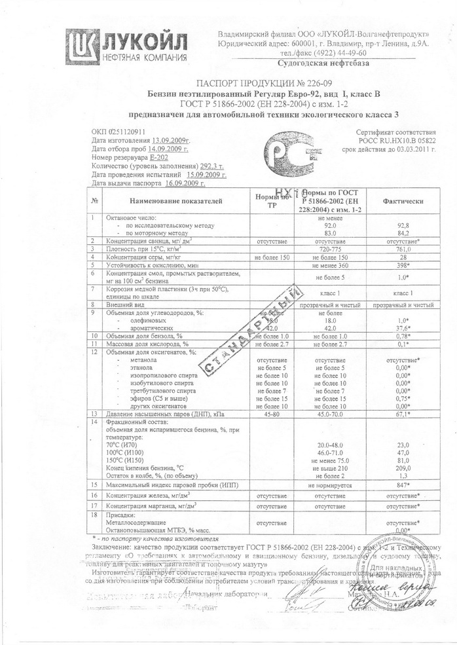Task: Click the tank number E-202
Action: click(x=156, y=157)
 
